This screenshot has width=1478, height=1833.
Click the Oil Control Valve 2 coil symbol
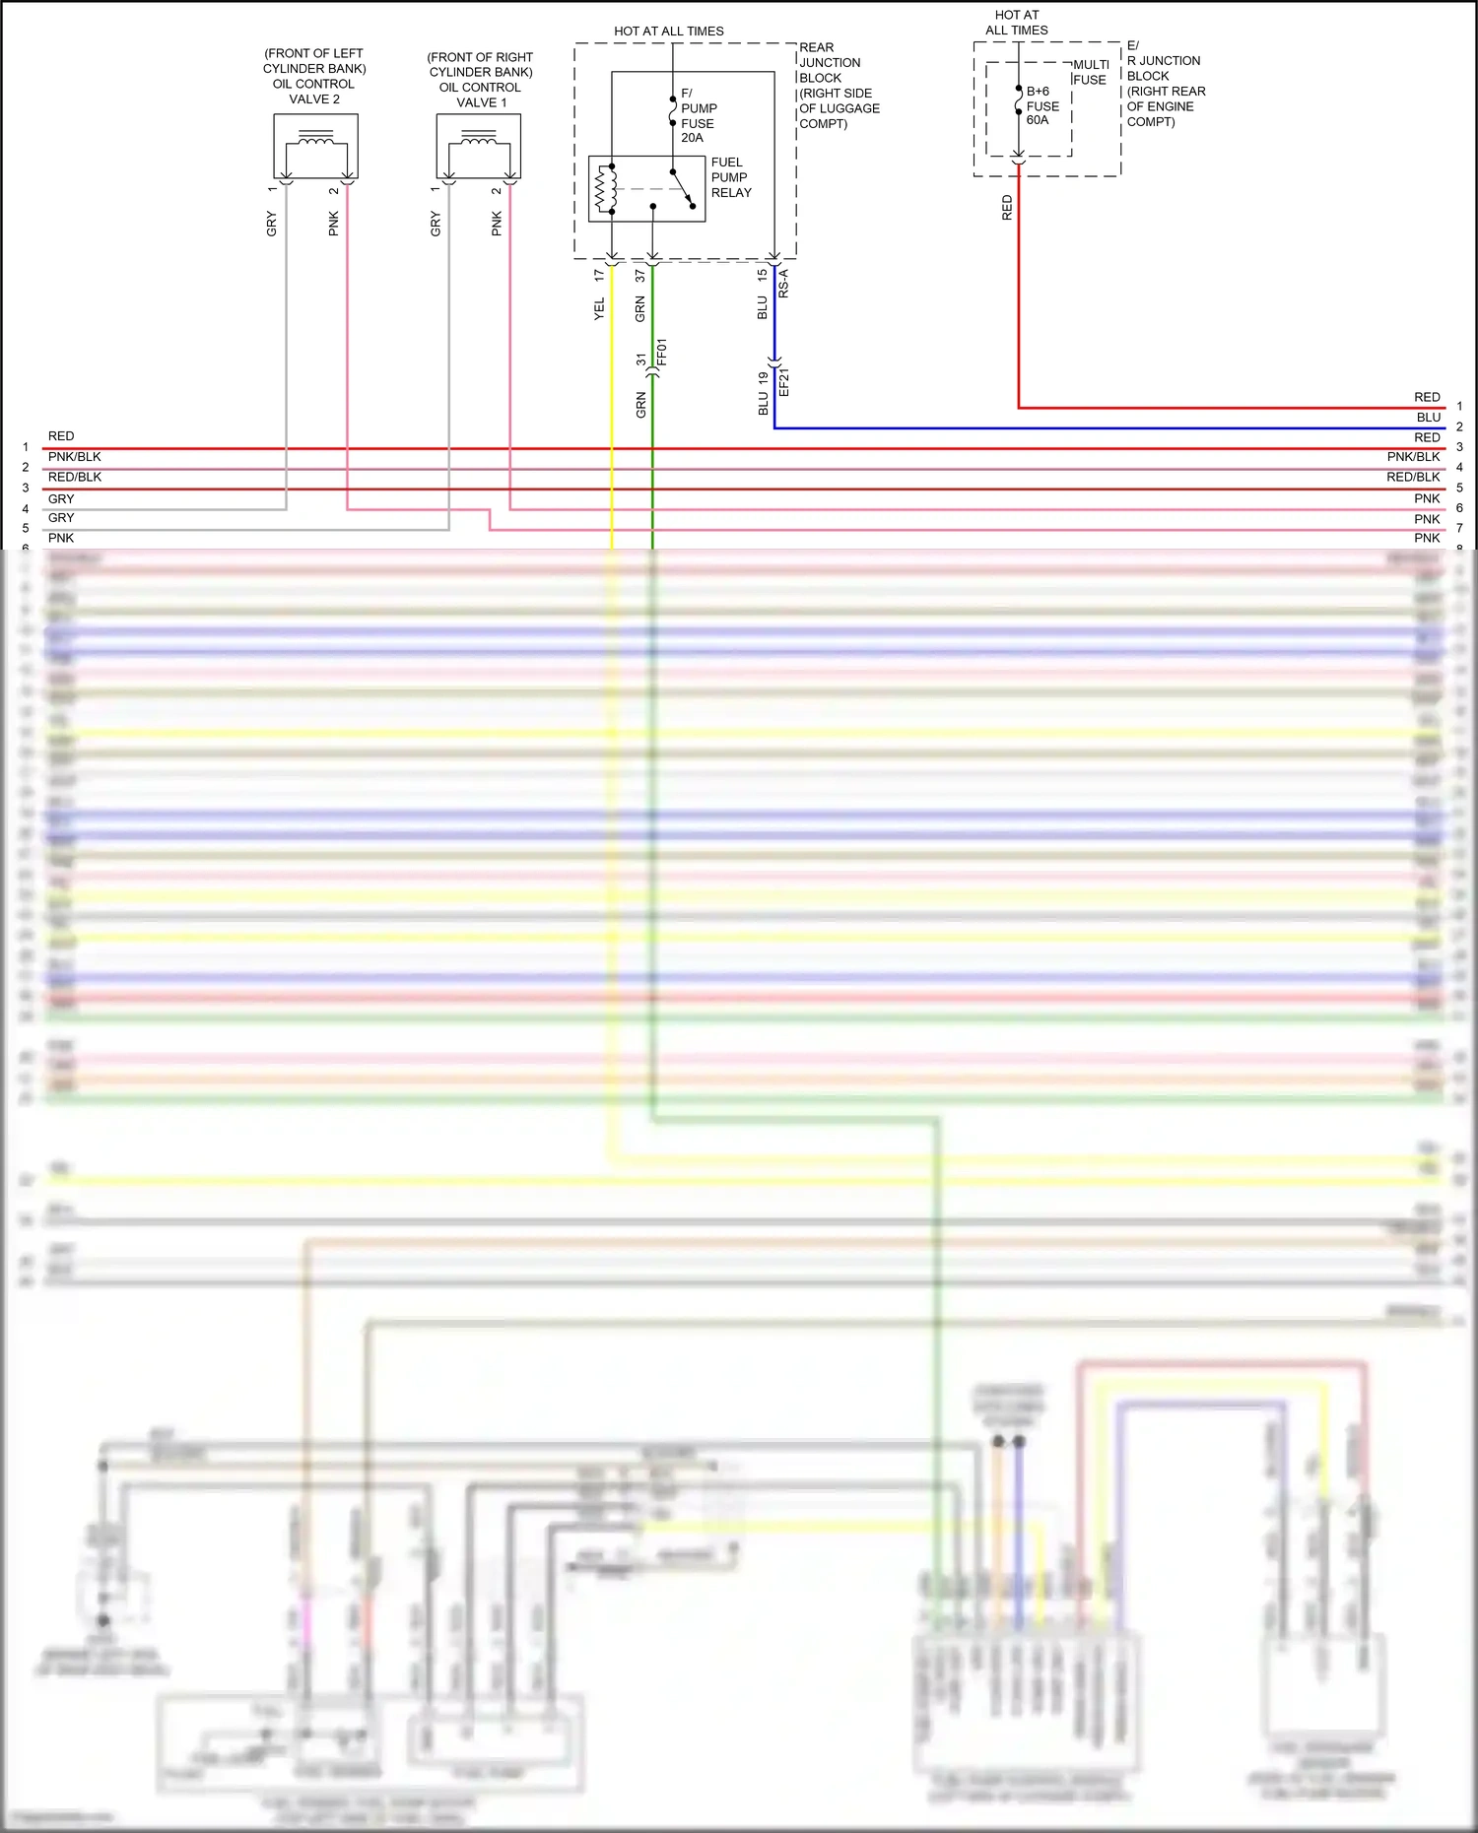(315, 141)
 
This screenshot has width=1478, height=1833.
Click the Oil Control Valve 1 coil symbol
(479, 141)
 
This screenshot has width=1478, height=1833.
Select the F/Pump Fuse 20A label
(698, 116)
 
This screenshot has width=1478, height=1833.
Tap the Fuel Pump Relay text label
(731, 177)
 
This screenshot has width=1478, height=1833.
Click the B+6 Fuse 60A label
(1042, 105)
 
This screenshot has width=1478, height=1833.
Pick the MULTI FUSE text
(1091, 72)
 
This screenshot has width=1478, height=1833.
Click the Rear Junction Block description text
(839, 86)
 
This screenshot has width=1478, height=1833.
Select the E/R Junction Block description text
(1166, 84)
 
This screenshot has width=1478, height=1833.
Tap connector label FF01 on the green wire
(662, 352)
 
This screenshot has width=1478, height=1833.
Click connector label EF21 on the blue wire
(784, 382)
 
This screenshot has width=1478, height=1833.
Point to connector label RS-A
(783, 284)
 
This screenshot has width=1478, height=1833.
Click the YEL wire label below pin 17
(599, 309)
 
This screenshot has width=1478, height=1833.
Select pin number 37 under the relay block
(640, 276)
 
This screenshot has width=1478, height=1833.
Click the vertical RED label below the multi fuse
(1007, 207)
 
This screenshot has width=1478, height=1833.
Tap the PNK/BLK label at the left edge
(75, 457)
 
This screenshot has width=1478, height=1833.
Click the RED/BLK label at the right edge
(1413, 477)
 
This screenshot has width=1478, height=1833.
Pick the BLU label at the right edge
(1429, 418)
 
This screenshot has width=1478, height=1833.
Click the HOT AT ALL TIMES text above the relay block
(668, 32)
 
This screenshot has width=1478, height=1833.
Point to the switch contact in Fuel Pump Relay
(682, 189)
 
